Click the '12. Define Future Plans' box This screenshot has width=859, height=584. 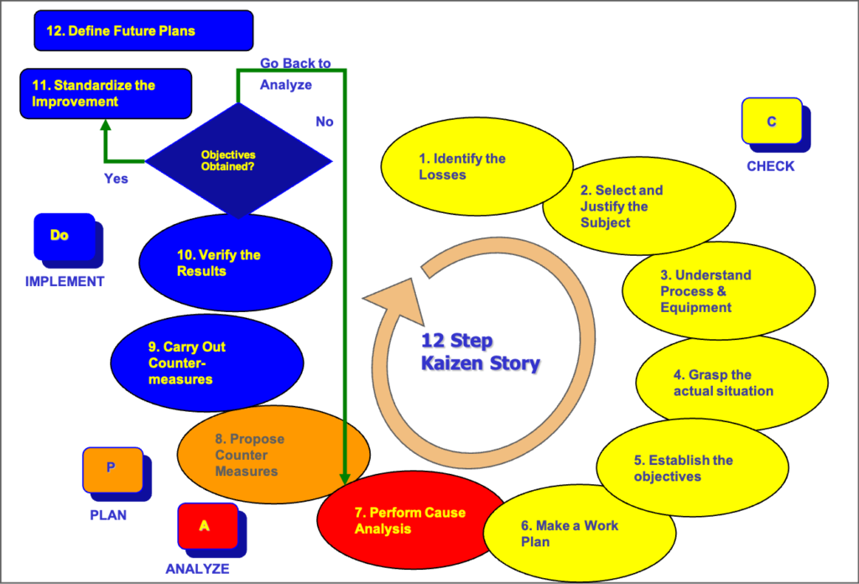[143, 30]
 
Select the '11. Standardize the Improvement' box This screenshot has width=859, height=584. [106, 93]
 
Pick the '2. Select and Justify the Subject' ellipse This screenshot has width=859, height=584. [638, 206]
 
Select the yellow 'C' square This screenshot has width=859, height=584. [772, 122]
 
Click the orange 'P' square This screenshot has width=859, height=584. [112, 469]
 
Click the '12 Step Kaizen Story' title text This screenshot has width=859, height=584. [480, 352]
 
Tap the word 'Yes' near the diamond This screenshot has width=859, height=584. [116, 179]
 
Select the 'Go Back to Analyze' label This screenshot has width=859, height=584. [294, 74]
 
